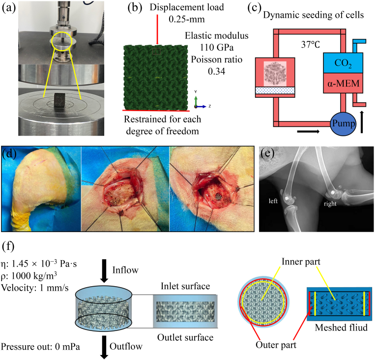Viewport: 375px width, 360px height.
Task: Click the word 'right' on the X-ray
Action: tap(330, 202)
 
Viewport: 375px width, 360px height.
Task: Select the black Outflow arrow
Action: tap(106, 347)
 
